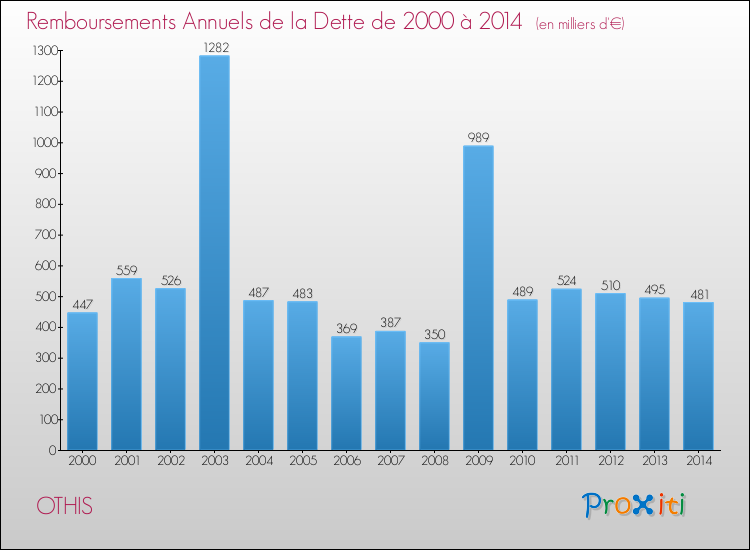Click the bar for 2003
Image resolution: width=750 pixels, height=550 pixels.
[x=214, y=253]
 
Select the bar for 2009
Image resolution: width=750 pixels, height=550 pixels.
[x=478, y=298]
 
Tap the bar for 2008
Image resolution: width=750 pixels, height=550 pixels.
[x=434, y=396]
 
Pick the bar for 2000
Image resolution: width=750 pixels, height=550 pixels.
[x=82, y=381]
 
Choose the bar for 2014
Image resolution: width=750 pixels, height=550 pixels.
[x=698, y=376]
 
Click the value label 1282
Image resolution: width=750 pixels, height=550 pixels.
[x=214, y=46]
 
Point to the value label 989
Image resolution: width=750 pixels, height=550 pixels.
[x=478, y=137]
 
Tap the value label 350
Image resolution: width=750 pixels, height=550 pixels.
[x=434, y=333]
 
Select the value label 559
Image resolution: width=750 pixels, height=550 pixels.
[x=126, y=269]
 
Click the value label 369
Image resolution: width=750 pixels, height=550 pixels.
[x=346, y=327]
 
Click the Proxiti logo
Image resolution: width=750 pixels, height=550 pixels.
[x=635, y=505]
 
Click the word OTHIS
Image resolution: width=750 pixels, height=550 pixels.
[x=64, y=506]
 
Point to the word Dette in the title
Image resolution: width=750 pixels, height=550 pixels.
[x=344, y=21]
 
